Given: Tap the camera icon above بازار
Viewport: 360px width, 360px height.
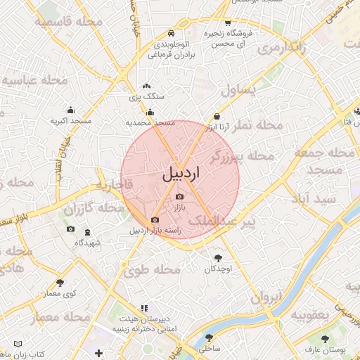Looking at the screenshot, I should tap(179, 196).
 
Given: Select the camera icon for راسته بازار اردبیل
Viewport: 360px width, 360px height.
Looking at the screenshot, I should tap(155, 220).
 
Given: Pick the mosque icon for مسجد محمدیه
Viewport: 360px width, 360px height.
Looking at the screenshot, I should tap(149, 112).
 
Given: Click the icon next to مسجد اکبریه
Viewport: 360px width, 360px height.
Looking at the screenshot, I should tap(70, 110).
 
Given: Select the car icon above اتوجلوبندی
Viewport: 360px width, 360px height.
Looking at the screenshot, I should tap(172, 33).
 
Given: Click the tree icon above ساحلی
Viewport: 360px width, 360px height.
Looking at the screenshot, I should tap(211, 337).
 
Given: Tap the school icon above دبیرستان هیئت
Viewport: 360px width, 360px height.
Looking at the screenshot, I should tap(144, 308).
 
